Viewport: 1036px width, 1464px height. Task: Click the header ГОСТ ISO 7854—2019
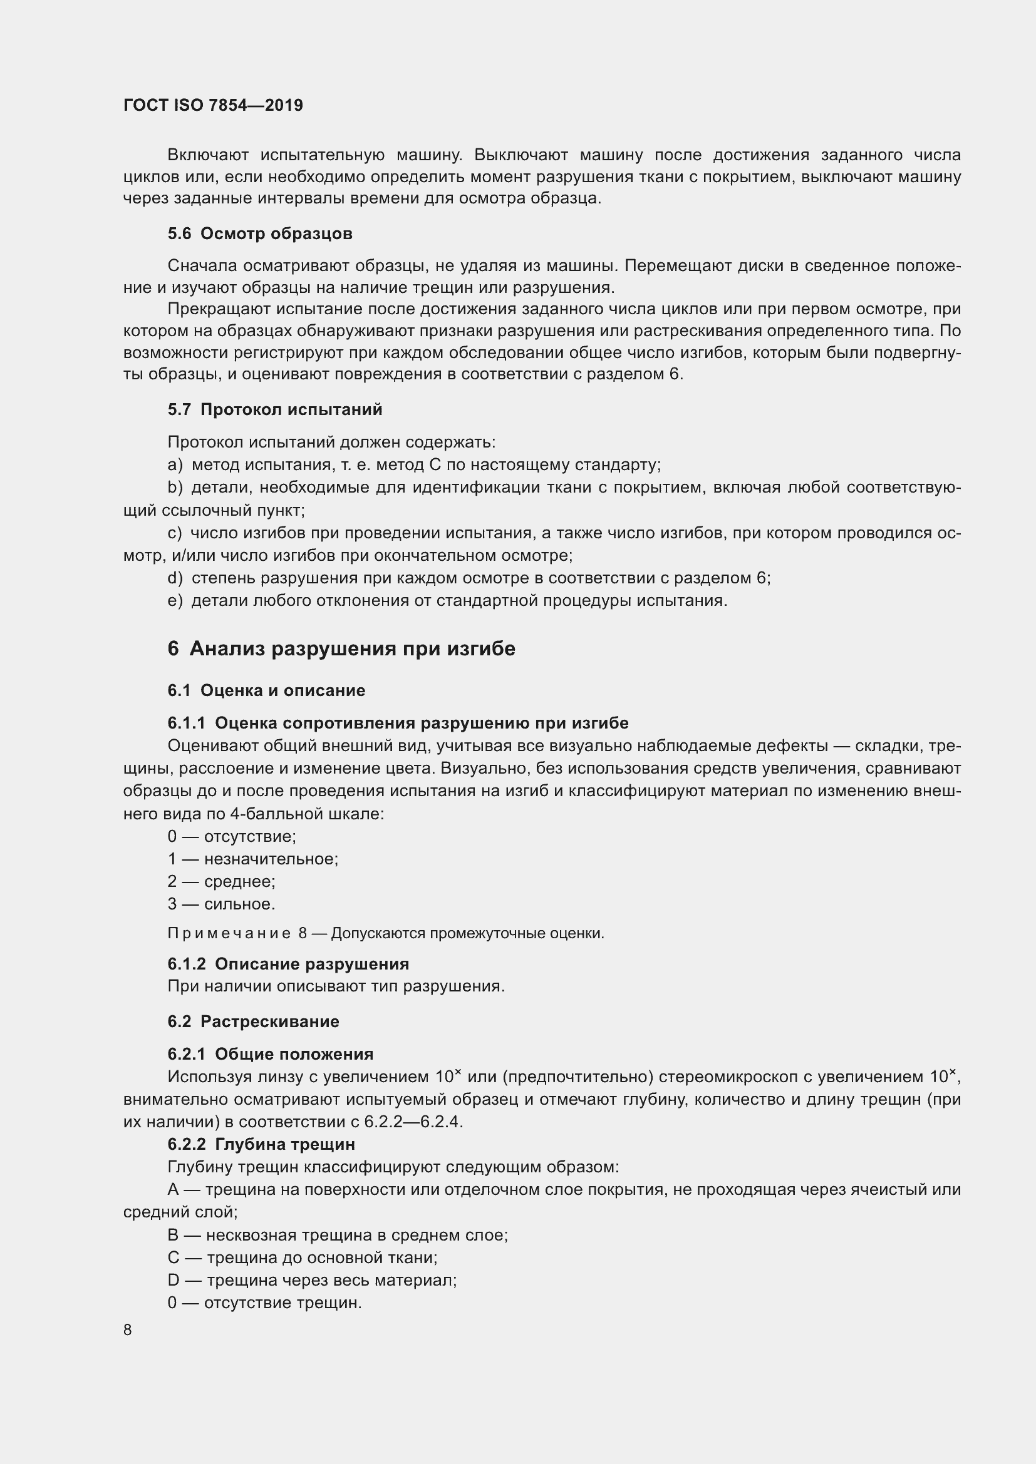[213, 105]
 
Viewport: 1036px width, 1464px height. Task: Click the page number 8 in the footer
[128, 1329]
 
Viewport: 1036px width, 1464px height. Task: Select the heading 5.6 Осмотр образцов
[260, 234]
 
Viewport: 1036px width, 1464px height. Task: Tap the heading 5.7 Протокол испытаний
[275, 409]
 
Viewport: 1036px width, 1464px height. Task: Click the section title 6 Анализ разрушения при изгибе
[341, 648]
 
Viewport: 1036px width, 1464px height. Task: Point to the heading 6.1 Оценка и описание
[266, 690]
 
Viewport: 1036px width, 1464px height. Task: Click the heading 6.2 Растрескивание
[253, 1021]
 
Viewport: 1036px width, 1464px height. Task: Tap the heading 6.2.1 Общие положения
[271, 1054]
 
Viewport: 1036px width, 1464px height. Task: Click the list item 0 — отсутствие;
[232, 836]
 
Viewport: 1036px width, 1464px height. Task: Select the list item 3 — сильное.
[221, 904]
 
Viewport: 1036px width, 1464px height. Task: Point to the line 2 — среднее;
[221, 881]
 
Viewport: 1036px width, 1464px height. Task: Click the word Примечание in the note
[229, 933]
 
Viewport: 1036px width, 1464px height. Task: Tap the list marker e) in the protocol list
[174, 601]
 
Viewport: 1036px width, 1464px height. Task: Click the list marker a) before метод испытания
[174, 465]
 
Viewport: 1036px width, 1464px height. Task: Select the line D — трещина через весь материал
[312, 1280]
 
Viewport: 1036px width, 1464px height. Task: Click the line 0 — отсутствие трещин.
[264, 1303]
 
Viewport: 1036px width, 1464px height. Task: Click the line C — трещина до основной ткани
[302, 1257]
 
